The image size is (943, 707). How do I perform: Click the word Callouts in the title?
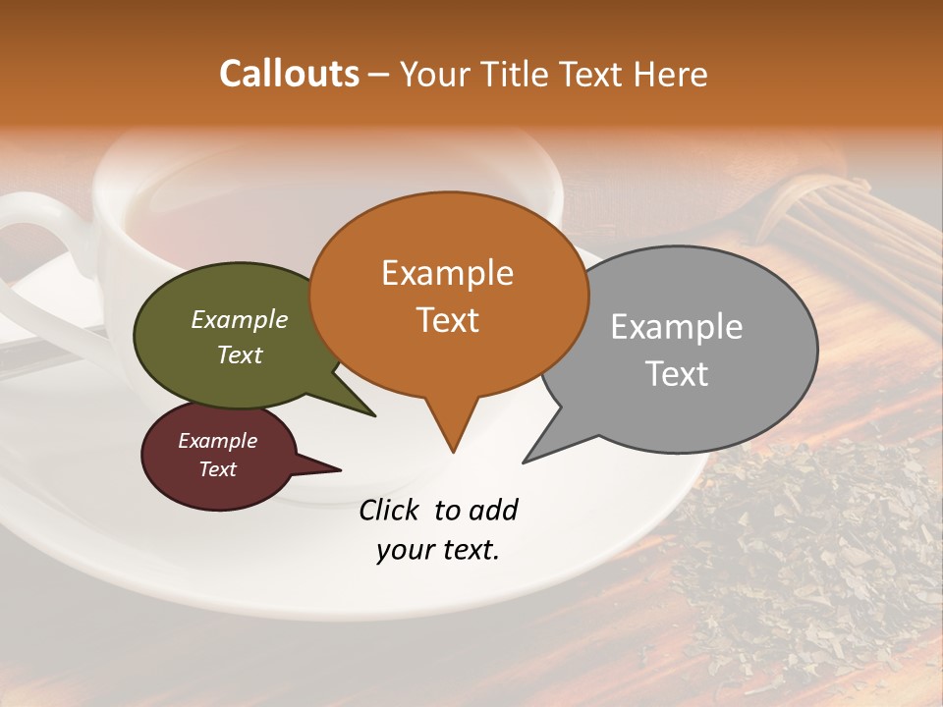tap(289, 74)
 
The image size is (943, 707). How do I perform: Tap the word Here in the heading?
tap(671, 74)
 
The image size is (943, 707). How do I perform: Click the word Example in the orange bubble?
tap(447, 273)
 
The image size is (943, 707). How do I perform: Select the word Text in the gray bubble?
tap(677, 374)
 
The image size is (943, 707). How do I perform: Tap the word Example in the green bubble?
tap(240, 320)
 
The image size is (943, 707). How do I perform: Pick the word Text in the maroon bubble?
tap(218, 469)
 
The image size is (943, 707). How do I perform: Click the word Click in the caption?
tap(392, 510)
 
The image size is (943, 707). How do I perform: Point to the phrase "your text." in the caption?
tap(438, 550)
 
